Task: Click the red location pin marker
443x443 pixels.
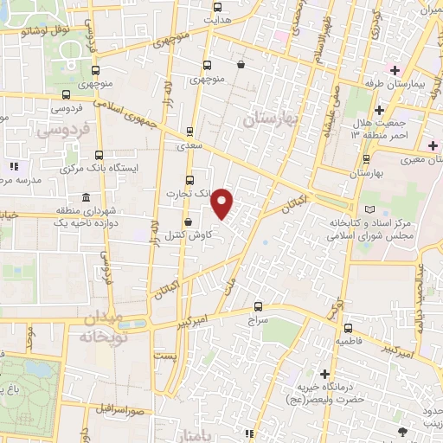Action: [222, 202]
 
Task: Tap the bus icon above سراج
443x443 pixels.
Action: [258, 306]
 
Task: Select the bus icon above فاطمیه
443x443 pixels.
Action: [348, 329]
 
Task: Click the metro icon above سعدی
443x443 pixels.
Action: [189, 132]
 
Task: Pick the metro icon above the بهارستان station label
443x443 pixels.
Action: [367, 158]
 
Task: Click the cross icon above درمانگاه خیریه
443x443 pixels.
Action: [324, 375]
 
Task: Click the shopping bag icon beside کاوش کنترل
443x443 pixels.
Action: [188, 222]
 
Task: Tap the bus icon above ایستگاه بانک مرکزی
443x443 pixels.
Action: [100, 154]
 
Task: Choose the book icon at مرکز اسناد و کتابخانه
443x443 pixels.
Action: [372, 210]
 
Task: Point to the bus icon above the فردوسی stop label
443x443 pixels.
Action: [66, 93]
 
